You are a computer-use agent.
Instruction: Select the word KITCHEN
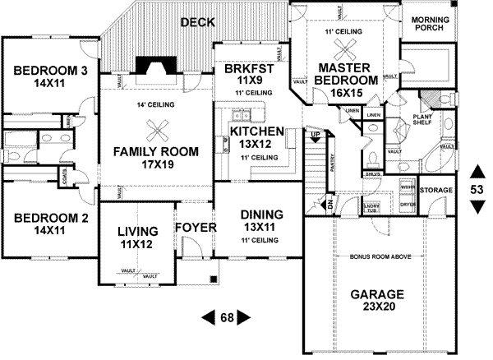click(257, 132)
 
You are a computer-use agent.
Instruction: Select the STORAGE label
click(435, 190)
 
